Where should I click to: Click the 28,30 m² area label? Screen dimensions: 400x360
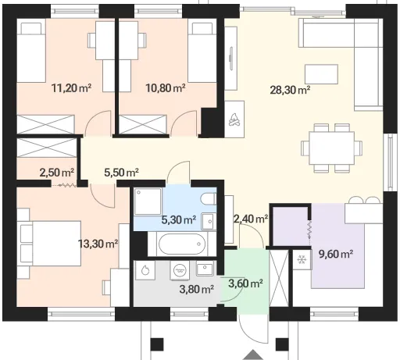(290, 90)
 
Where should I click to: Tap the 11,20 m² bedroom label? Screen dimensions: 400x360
(71, 88)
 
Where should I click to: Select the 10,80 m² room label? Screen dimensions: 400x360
(165, 88)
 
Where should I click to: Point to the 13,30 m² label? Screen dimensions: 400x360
(98, 244)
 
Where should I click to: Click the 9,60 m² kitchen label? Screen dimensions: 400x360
(336, 254)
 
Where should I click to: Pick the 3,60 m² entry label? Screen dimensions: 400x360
(245, 283)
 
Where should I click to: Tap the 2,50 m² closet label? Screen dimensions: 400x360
(57, 173)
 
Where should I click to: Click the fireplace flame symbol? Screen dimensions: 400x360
(234, 119)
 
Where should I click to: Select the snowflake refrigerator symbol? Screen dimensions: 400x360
(302, 259)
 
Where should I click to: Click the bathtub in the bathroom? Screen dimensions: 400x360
(181, 244)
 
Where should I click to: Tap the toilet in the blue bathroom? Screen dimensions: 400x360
(209, 199)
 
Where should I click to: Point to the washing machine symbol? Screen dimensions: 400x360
(178, 270)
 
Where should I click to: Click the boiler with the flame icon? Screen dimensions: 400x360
(145, 270)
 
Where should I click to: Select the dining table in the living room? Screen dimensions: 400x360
(332, 148)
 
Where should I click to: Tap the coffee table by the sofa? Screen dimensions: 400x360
(322, 74)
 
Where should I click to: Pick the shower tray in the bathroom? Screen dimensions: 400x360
(148, 201)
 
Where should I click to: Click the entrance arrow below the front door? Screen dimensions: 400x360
(253, 355)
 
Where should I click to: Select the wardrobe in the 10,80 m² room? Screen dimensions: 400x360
(143, 124)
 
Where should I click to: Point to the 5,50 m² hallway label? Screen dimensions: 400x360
(121, 173)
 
